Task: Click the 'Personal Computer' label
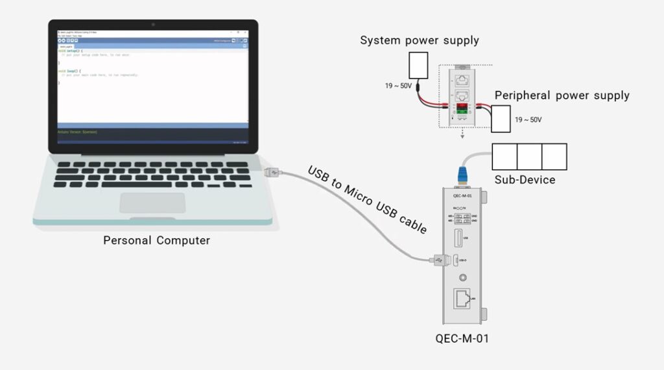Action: pos(156,241)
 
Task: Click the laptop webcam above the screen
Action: pos(154,25)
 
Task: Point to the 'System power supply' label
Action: pos(420,41)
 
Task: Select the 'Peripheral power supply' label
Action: pos(562,96)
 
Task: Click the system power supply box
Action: pos(419,66)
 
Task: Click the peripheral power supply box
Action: pos(501,119)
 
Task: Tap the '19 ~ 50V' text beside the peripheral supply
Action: pos(528,120)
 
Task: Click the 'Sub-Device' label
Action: pos(525,180)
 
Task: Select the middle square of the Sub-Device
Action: pos(529,156)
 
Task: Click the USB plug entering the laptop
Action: pos(273,173)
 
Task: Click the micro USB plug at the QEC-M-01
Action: pos(439,260)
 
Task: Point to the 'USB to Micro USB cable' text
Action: pos(367,200)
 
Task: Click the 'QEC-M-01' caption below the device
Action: pos(462,339)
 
